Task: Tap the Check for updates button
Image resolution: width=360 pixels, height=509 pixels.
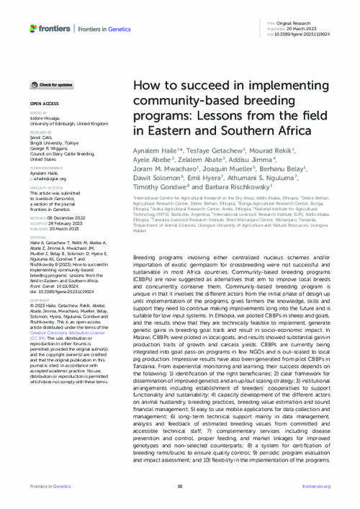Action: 52,85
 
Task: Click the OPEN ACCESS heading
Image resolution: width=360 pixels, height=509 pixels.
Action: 45,104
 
